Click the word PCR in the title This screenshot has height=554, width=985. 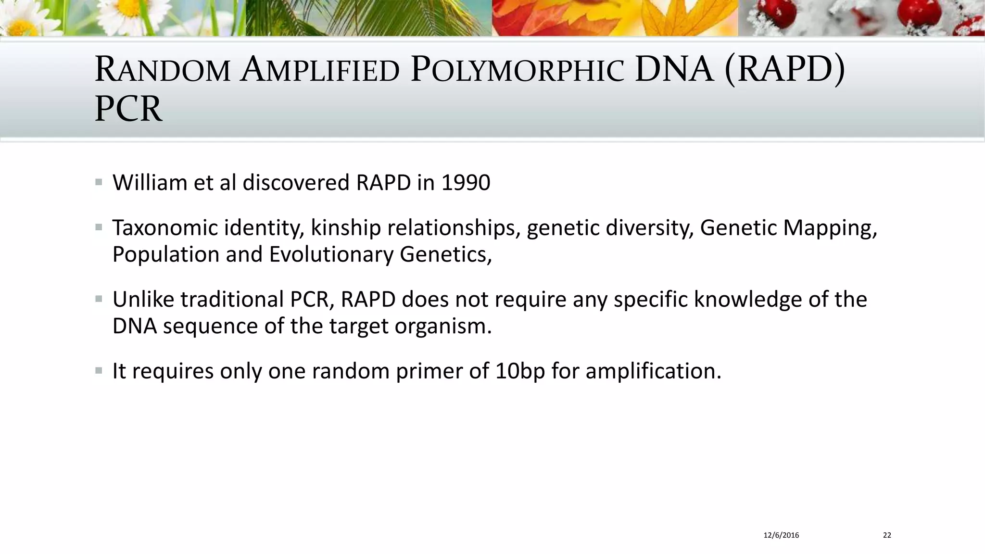tap(128, 109)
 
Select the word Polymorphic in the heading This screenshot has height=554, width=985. tap(518, 70)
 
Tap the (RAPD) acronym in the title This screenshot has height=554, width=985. tap(784, 70)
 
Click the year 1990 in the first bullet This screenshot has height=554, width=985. tap(466, 183)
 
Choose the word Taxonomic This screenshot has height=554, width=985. tap(165, 228)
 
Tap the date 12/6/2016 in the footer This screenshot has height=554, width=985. tap(781, 535)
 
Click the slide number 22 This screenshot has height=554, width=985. tap(887, 535)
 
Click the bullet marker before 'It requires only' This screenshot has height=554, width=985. tap(99, 371)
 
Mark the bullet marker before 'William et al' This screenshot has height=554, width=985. tap(99, 182)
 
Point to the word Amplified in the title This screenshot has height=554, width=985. tap(320, 70)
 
